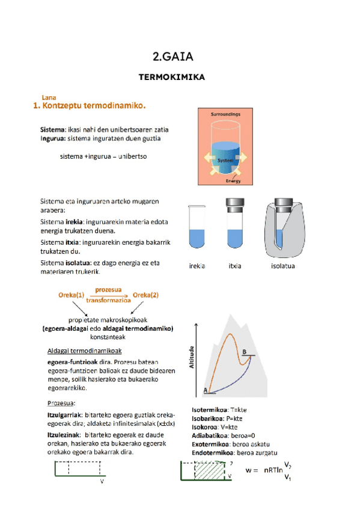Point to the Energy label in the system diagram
point(233,180)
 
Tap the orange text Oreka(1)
point(71,295)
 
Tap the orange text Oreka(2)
point(146,295)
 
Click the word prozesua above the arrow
point(108,289)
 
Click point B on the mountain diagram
point(245,352)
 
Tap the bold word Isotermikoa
point(212,410)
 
